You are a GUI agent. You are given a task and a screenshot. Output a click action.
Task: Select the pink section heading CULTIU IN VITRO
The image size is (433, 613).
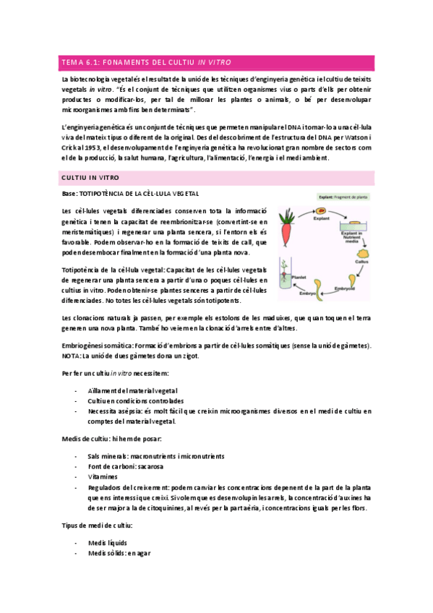[90, 177]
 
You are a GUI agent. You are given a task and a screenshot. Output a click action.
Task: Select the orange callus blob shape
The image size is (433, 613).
[364, 254]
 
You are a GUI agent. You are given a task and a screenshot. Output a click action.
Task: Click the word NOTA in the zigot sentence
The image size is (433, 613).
[73, 356]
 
